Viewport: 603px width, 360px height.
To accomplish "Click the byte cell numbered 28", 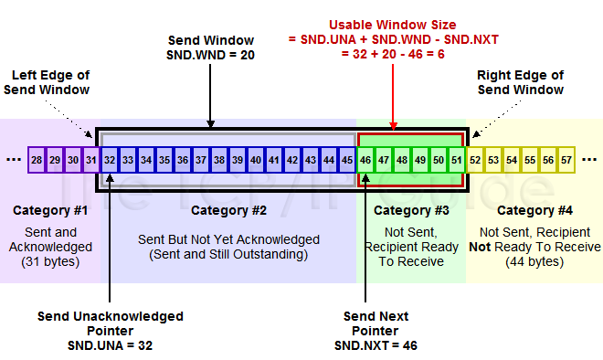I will [x=37, y=160].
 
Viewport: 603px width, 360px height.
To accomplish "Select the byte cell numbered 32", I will [x=110, y=160].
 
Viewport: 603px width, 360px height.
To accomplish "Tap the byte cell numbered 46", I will [x=365, y=160].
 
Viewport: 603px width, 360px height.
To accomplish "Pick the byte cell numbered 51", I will [x=457, y=160].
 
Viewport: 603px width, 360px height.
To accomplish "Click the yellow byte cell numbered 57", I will [x=566, y=160].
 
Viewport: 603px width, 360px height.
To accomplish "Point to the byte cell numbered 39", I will [x=238, y=160].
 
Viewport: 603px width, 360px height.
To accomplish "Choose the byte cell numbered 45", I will [x=347, y=160].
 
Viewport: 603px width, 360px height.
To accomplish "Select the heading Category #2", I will [x=229, y=210].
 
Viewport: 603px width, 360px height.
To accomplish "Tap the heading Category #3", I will [x=410, y=210].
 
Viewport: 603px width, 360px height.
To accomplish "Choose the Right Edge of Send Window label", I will [x=521, y=81].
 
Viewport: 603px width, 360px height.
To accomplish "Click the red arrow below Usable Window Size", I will [x=393, y=101].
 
